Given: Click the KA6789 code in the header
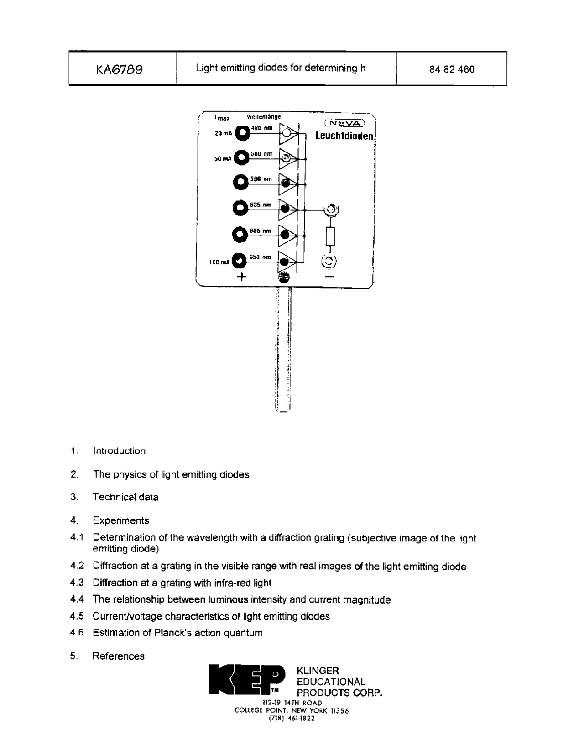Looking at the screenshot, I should pyautogui.click(x=119, y=69).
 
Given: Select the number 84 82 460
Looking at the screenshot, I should pyautogui.click(x=452, y=69).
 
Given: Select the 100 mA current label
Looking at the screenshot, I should pyautogui.click(x=219, y=262).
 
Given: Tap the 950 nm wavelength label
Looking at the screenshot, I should pyautogui.click(x=260, y=257).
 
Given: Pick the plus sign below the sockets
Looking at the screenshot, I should pyautogui.click(x=240, y=277).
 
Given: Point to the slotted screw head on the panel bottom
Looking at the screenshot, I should pyautogui.click(x=284, y=277).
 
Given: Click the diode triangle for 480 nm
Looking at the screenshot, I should pyautogui.click(x=288, y=133).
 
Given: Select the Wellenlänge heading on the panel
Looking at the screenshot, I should pyautogui.click(x=264, y=117).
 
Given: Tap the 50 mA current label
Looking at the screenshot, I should pyautogui.click(x=223, y=159).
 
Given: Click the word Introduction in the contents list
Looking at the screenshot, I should pyautogui.click(x=119, y=451).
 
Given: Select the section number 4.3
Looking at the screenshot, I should pyautogui.click(x=77, y=583).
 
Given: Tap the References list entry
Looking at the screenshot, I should pyautogui.click(x=118, y=656).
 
